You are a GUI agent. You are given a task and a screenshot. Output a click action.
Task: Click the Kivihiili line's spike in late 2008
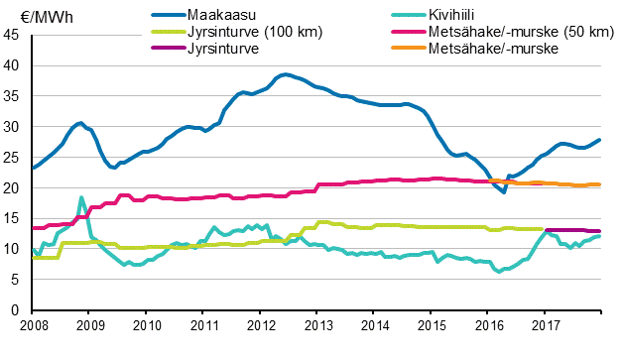coord(81,197)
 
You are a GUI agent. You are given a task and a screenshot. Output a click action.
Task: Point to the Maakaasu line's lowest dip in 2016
coord(504,191)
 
